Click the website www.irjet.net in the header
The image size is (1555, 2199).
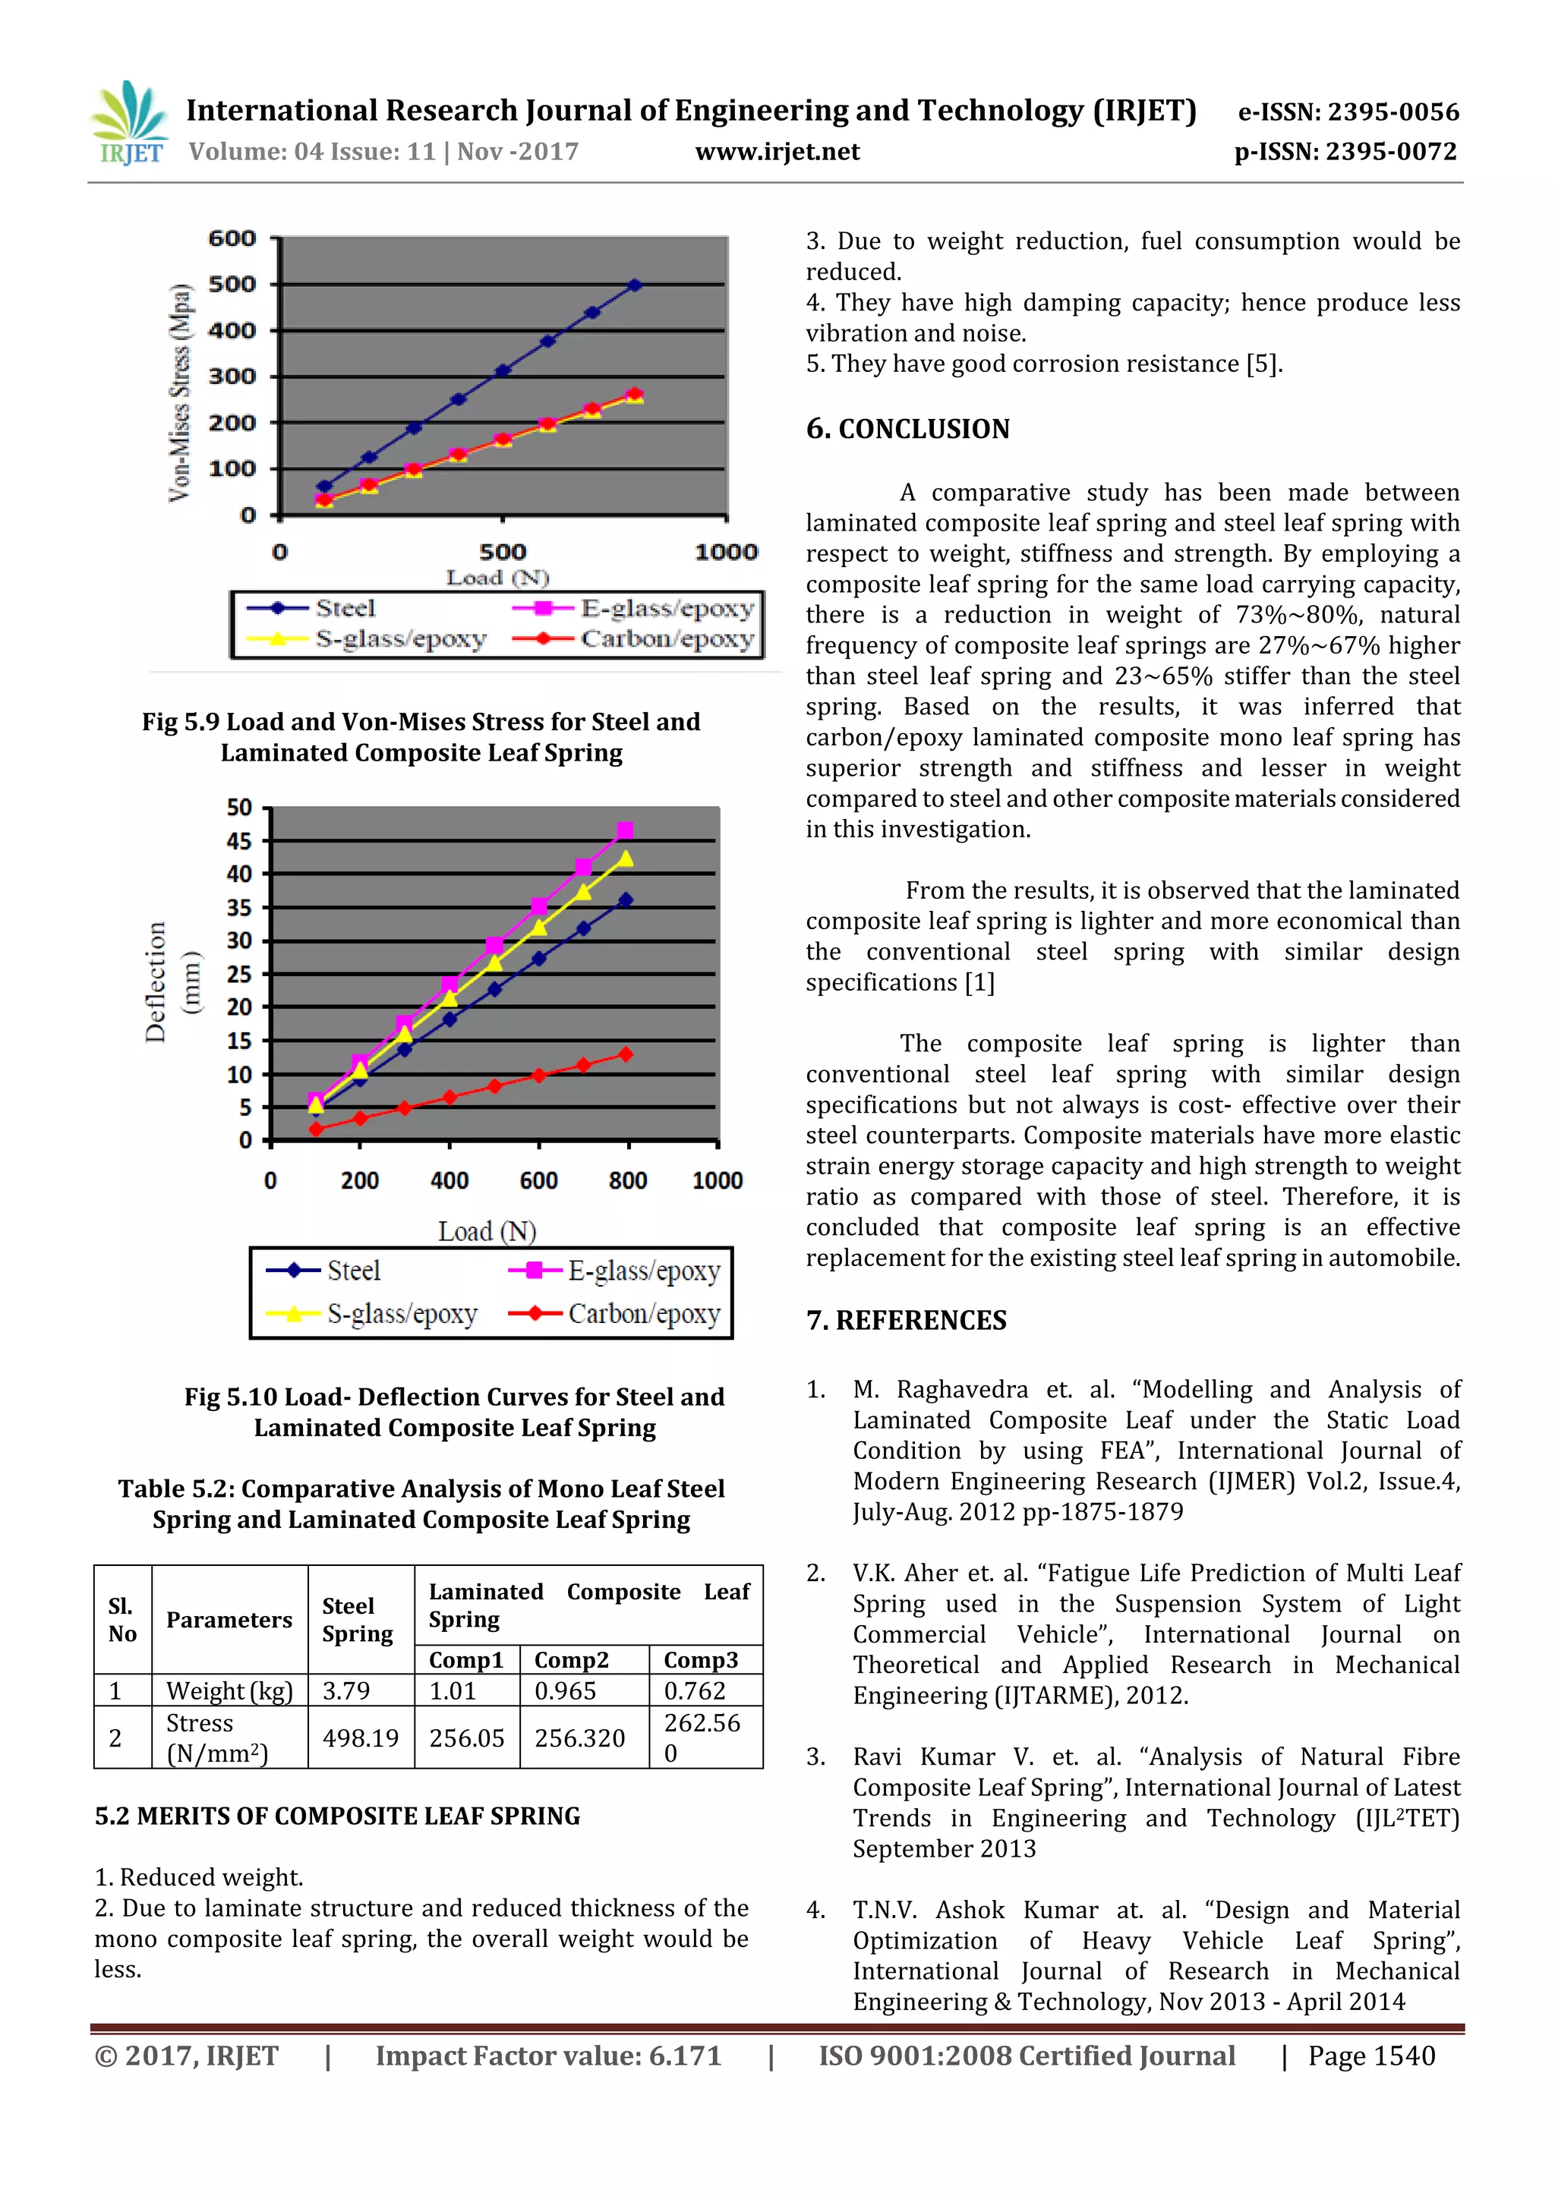(777, 151)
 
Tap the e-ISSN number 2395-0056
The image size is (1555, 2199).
(1392, 112)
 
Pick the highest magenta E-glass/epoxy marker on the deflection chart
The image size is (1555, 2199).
(626, 830)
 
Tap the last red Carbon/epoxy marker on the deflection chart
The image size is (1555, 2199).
(626, 1054)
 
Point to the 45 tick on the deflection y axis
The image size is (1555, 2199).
(238, 841)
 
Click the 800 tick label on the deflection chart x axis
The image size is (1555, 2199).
(628, 1181)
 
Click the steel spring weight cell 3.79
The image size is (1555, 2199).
(346, 1690)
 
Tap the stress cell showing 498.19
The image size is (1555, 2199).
(360, 1737)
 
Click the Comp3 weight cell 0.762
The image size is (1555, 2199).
(695, 1690)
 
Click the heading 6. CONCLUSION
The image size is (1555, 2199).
(907, 429)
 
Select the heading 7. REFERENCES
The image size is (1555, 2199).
(905, 1321)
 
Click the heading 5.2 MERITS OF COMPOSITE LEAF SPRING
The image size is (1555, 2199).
(337, 1817)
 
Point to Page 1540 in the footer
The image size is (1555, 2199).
(1371, 2056)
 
